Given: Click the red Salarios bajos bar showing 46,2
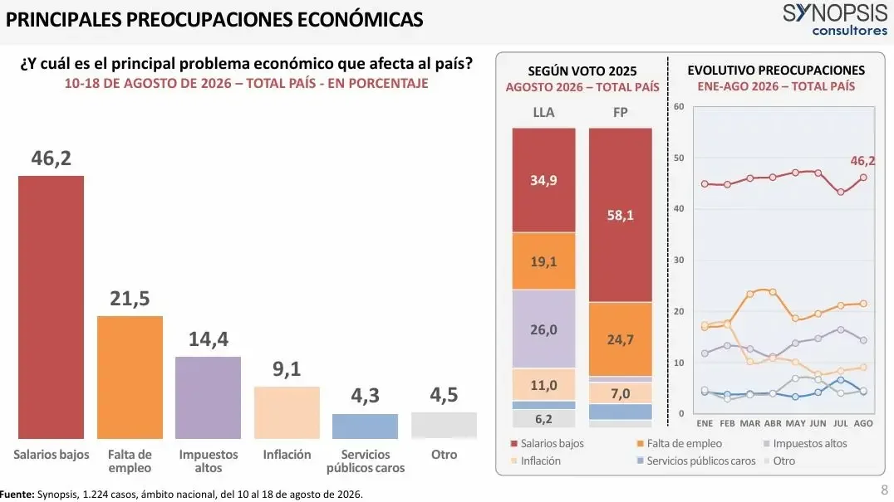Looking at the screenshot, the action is [51, 307].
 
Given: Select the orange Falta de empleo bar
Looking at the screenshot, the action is [130, 378].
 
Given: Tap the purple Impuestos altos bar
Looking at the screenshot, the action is [208, 397].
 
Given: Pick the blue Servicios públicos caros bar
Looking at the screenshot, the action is [365, 426].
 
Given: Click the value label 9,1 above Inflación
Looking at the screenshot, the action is [286, 368].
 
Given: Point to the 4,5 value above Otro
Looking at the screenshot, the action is [444, 394].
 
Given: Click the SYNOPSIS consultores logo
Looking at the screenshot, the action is [835, 20].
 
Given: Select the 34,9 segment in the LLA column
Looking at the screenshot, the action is [543, 180].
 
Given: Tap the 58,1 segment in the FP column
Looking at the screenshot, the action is [621, 215].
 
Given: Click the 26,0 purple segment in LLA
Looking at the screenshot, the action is [543, 329].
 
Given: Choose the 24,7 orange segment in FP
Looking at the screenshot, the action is [621, 339].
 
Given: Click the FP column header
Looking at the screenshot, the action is [621, 112].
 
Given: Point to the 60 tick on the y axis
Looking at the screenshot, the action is [679, 106].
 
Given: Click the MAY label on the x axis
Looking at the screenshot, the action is [795, 423].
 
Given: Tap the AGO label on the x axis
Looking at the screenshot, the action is [863, 423].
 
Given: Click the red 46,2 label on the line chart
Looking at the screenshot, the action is [862, 161].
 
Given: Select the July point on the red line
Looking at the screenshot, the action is [840, 193].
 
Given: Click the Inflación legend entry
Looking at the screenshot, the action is [536, 461].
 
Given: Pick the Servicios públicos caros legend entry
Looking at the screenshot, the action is [696, 461].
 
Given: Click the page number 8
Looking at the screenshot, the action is [884, 490].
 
